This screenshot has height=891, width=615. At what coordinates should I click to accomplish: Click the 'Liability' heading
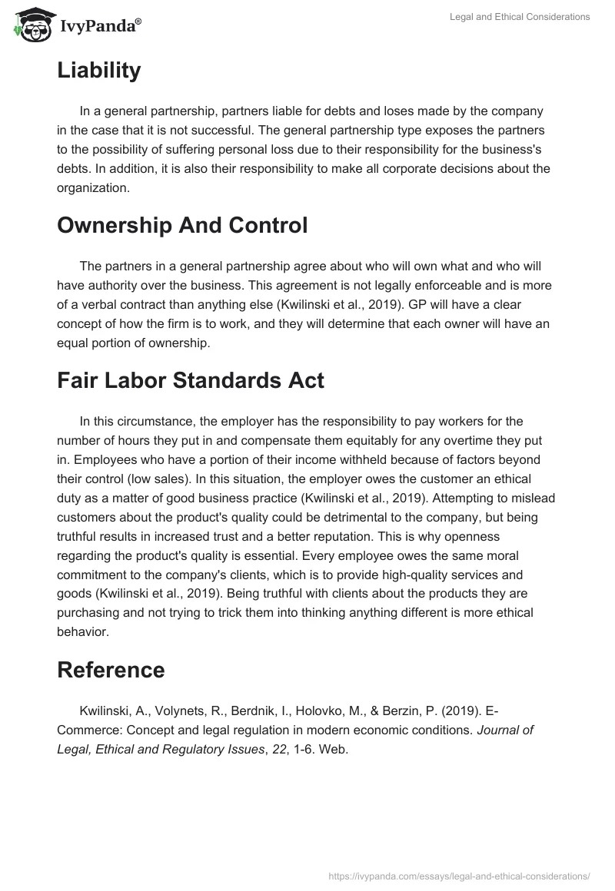tap(98, 71)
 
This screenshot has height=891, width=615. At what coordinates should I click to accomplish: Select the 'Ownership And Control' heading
tap(182, 225)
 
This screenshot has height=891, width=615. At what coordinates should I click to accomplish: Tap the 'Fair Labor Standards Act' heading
tap(191, 380)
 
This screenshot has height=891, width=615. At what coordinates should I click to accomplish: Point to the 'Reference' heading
tap(111, 670)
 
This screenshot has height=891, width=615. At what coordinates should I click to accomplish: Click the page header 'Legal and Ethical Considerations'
tap(520, 17)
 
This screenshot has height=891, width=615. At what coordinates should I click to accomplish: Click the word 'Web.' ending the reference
tap(335, 750)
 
